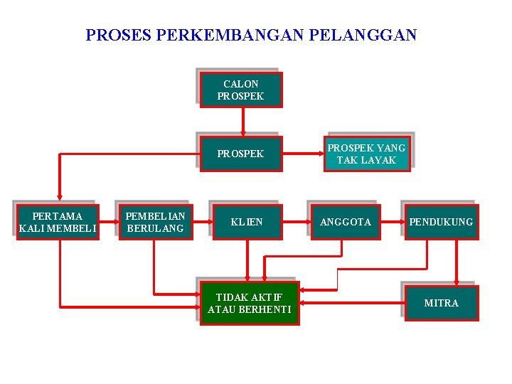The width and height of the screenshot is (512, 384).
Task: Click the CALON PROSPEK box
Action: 240,90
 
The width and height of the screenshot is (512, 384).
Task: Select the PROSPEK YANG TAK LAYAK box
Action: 367,154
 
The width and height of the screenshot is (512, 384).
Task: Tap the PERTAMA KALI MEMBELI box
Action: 58,222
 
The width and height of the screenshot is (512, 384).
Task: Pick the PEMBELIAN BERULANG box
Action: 155,222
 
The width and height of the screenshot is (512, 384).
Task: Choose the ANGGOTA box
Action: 346,222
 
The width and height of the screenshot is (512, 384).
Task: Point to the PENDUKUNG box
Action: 441,222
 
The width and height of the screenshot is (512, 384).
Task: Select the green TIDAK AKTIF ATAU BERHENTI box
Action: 249,303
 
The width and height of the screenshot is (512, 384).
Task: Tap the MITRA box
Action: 442,303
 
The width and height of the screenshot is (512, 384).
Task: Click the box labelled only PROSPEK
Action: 240,154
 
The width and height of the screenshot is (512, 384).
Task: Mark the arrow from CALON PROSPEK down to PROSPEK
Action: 243,121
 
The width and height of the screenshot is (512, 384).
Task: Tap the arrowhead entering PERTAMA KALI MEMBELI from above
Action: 60,201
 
